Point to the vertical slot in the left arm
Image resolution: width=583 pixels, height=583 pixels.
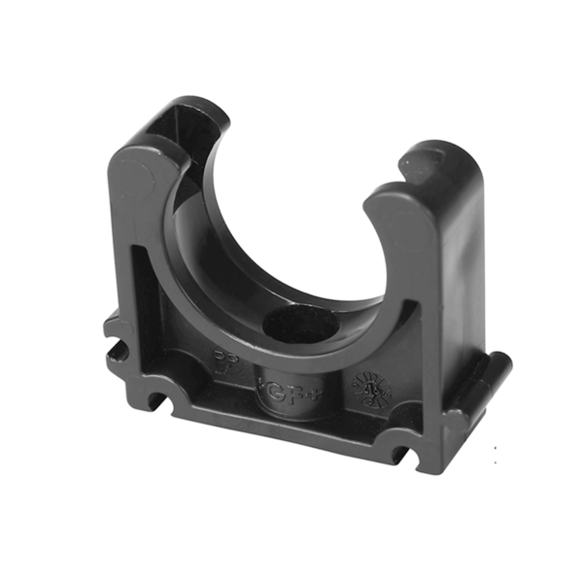[134, 291]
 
